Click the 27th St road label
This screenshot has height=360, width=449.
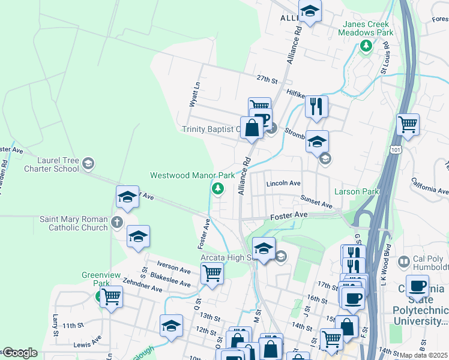[268, 80]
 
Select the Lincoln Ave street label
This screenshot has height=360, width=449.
[283, 183]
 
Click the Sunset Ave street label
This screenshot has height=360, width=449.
[316, 205]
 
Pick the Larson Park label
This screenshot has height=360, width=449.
[359, 192]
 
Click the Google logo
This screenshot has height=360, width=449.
[20, 353]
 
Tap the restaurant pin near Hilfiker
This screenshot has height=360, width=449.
[316, 106]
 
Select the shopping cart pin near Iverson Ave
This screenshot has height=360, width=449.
[212, 273]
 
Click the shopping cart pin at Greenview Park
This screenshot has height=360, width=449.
[111, 296]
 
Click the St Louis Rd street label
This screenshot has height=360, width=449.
[386, 58]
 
